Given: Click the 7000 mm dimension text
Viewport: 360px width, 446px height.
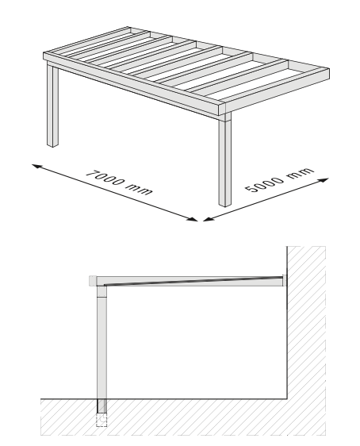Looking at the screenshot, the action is (x=119, y=183).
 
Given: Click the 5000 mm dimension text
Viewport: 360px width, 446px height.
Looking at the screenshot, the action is (x=280, y=179).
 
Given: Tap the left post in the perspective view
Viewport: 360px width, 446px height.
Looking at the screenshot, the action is (x=52, y=105).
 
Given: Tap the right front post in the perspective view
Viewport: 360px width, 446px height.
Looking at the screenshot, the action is (x=225, y=160).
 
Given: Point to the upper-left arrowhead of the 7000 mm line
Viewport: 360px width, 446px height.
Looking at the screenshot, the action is (x=36, y=166).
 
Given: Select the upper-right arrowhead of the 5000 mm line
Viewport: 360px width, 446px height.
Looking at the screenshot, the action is (x=324, y=180).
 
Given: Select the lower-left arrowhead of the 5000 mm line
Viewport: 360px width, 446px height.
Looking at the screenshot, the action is (x=209, y=218).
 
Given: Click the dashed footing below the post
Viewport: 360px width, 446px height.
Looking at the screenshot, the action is (x=101, y=420).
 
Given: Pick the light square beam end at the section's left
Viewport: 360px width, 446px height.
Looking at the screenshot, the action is (x=93, y=281).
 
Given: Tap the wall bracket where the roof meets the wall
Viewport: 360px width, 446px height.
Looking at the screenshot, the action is (x=285, y=280).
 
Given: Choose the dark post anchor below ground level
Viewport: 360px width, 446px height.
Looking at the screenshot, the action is (x=101, y=406).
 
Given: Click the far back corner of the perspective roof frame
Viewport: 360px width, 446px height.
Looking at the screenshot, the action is (x=129, y=28).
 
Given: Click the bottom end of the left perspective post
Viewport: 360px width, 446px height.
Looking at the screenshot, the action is (x=52, y=145).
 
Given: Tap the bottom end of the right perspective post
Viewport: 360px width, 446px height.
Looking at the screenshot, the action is (x=225, y=205).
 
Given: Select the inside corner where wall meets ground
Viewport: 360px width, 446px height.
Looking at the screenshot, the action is (x=287, y=399).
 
